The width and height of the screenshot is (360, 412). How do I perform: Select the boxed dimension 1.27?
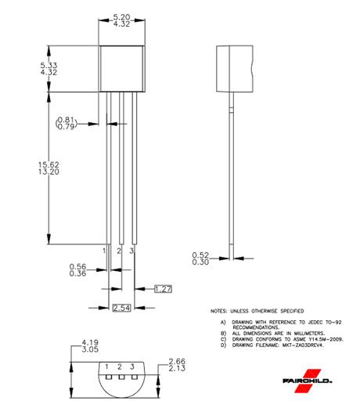coord(163,290)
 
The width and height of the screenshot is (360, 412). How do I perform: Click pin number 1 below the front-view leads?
coord(106,250)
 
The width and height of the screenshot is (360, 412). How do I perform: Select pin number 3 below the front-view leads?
coord(132,250)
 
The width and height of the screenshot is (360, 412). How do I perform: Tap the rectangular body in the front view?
coord(121,68)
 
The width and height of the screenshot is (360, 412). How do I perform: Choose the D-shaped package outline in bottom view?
coord(121,384)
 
